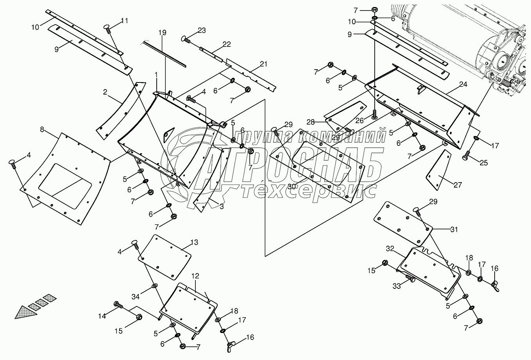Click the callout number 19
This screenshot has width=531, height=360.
[162, 33]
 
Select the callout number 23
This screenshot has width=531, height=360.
[201, 30]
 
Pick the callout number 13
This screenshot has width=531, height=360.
[194, 243]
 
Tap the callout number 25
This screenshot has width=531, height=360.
[483, 163]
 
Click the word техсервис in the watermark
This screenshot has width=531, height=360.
[309, 190]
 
